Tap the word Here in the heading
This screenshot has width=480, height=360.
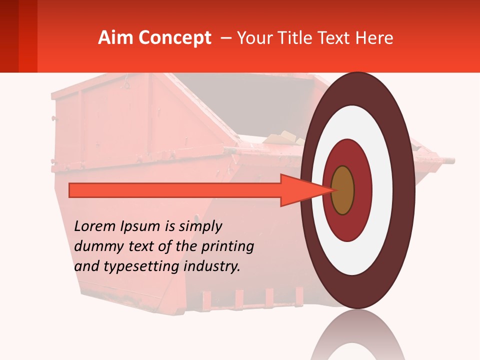pos(373,38)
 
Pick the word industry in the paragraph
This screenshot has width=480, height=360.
pos(212,266)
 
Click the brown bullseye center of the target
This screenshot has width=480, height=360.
pos(342,190)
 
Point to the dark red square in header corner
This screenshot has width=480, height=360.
pos(9,36)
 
